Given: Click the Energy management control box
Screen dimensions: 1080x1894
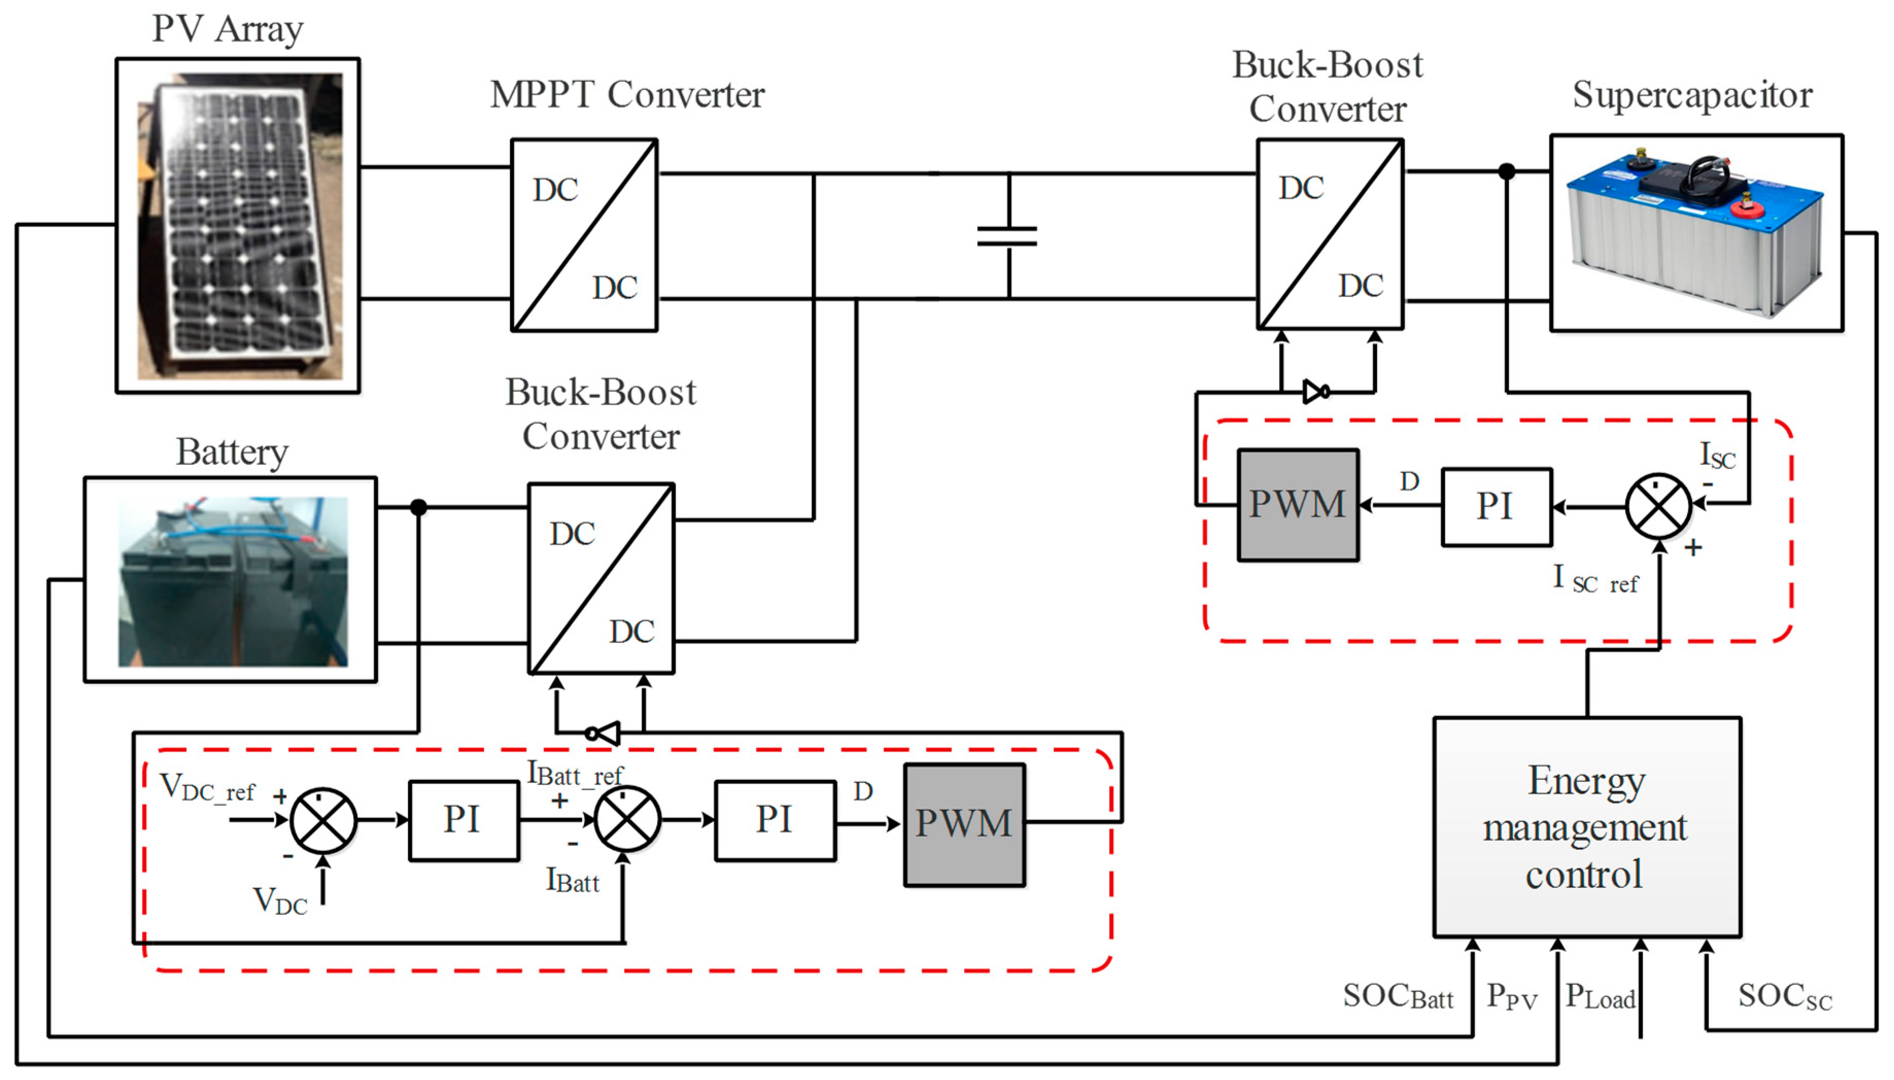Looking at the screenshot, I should tap(1586, 826).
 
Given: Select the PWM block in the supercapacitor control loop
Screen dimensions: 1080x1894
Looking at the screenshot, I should tap(1298, 505).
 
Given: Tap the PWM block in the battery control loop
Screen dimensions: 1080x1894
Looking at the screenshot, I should tap(963, 824).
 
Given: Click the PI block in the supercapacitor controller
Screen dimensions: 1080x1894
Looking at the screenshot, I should tap(1495, 507).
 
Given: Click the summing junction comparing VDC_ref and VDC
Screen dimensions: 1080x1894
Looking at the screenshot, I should tap(323, 821).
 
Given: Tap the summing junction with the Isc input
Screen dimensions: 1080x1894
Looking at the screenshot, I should tap(1658, 506).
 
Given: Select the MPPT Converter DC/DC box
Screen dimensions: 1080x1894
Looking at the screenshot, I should tap(584, 235).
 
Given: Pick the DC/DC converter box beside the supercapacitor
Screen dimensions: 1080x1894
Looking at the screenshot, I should tap(1330, 234).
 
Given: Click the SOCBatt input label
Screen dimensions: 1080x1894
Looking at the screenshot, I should tap(1398, 996).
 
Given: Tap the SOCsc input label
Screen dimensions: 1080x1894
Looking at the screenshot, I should tap(1784, 996).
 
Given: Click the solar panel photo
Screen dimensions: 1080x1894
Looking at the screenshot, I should tap(239, 225).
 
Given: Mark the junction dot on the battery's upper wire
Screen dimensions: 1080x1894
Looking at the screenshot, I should tap(419, 508).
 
